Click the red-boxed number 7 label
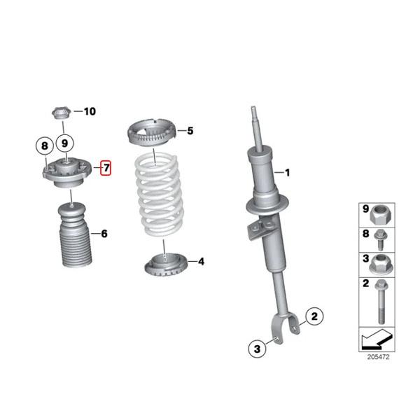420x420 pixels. click(106, 168)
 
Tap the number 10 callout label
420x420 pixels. click(90, 111)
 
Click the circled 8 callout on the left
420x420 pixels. click(44, 146)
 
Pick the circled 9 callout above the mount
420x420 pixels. click(64, 143)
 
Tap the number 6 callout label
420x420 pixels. click(104, 234)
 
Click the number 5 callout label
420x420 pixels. click(190, 130)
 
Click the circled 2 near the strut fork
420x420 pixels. click(314, 317)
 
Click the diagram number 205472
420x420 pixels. click(379, 358)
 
